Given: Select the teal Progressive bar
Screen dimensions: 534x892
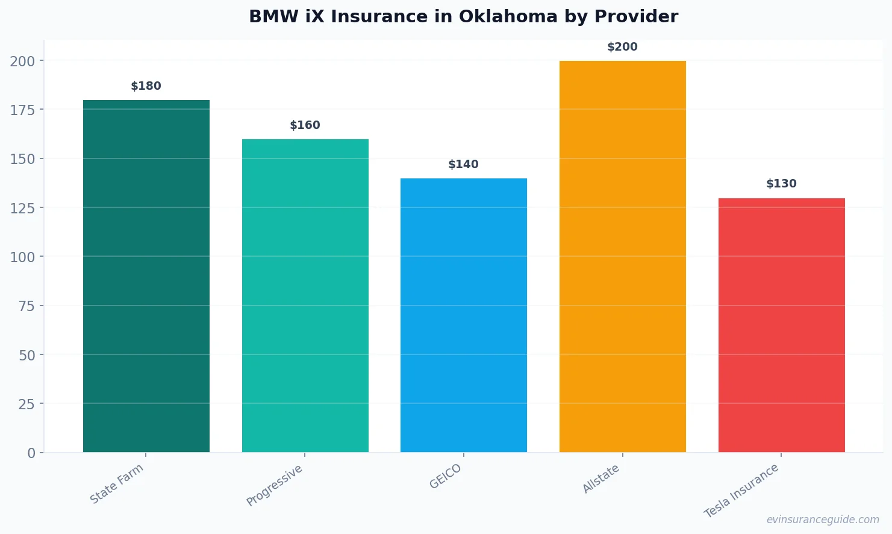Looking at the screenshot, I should [x=305, y=295].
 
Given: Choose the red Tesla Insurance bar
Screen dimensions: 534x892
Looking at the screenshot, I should [x=781, y=325].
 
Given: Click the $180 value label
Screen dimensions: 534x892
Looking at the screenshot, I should [x=146, y=86].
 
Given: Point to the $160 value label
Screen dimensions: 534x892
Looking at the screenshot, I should [x=305, y=125].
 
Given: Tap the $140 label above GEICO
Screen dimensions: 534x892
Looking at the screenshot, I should [x=464, y=165].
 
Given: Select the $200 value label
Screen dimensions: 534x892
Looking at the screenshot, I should [x=622, y=47].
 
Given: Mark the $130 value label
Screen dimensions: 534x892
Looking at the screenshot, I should [x=781, y=184].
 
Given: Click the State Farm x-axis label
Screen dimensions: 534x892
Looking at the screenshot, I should [x=117, y=484].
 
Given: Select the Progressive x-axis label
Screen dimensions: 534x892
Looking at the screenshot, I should [x=275, y=486].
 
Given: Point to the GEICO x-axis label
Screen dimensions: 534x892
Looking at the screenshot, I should [x=446, y=477].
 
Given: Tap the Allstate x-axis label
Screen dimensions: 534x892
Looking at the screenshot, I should [x=601, y=479].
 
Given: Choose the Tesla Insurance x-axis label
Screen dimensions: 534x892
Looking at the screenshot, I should [x=741, y=491].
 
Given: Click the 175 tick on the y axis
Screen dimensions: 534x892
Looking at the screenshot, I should [x=22, y=110].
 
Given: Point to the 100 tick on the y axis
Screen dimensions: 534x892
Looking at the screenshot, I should [x=22, y=257].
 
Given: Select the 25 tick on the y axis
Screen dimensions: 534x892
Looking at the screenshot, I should [x=27, y=404].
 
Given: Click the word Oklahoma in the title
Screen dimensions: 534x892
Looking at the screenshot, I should [x=508, y=16].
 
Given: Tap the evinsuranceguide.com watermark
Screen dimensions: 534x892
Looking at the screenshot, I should [x=823, y=520].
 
